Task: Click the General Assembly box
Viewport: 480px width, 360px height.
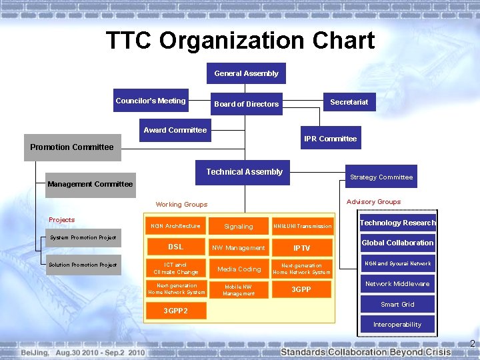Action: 246,73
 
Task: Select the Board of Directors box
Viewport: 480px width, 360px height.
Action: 246,103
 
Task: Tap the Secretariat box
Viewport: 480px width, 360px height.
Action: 349,102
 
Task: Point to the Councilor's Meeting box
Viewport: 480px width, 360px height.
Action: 151,101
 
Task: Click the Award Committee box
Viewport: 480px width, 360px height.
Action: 175,130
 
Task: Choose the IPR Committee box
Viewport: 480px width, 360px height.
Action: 330,139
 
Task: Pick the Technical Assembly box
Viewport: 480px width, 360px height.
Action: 244,172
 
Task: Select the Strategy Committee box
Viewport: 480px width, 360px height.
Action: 381,177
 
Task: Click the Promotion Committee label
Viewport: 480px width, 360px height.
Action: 72,147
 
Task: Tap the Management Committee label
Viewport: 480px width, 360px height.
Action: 90,184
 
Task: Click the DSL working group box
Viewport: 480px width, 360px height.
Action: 175,247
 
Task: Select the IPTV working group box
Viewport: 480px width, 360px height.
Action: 301,248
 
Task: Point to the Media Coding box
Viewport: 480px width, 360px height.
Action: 239,269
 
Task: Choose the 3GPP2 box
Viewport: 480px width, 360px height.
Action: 176,310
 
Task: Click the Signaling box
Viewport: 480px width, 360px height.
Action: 239,226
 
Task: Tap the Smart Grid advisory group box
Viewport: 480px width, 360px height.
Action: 397,304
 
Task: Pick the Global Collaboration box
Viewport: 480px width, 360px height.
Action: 397,243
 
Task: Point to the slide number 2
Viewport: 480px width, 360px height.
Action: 472,344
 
